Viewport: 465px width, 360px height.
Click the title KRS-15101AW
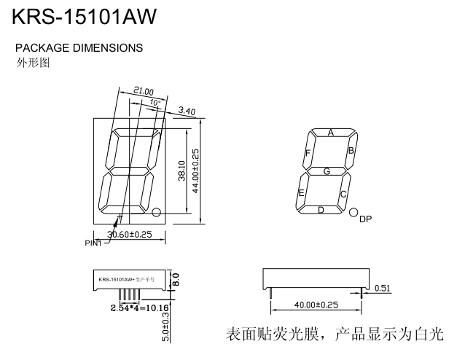click(x=85, y=17)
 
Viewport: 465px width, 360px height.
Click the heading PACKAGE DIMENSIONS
click(x=79, y=48)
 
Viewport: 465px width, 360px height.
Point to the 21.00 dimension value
click(x=144, y=91)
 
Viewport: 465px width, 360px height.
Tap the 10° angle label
click(x=155, y=103)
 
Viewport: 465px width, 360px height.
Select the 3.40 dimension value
click(x=187, y=111)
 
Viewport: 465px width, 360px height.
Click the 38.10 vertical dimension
click(x=181, y=171)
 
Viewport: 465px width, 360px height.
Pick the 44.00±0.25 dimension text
click(x=195, y=171)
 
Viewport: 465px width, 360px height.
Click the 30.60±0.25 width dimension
click(x=130, y=235)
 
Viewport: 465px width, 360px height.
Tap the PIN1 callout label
click(x=93, y=243)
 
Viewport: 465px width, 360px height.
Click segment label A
click(x=331, y=133)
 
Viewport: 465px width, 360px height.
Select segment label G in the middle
click(x=327, y=171)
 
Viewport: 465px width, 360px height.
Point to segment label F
click(x=308, y=152)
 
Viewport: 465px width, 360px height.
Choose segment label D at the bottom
click(x=321, y=211)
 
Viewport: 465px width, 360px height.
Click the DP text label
click(x=365, y=219)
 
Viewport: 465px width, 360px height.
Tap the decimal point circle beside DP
click(x=353, y=212)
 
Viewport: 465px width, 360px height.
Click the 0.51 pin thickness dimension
click(x=383, y=289)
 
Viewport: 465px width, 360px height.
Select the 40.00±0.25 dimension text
click(x=316, y=305)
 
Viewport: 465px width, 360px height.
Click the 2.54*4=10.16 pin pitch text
click(x=140, y=308)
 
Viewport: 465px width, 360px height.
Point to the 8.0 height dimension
click(x=176, y=279)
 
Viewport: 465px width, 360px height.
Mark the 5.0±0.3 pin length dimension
click(x=165, y=325)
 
